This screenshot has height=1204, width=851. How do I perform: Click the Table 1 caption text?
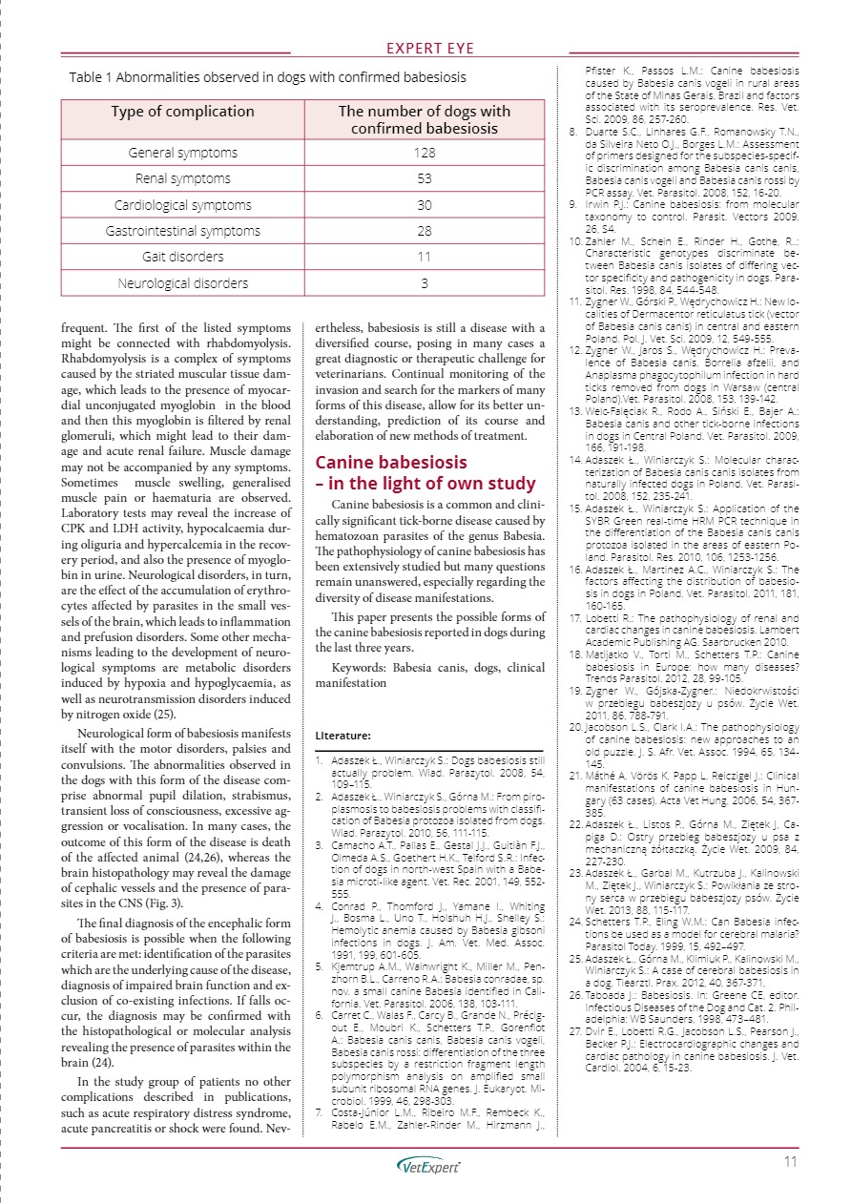267,76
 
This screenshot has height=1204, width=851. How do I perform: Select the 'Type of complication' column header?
182,112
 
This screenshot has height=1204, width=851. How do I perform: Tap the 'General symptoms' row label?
182,153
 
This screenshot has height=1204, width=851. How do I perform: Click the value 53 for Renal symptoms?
424,178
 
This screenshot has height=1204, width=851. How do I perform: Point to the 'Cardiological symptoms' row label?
182,205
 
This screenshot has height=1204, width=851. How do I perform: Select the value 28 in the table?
424,231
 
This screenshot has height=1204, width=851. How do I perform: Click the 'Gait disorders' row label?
182,257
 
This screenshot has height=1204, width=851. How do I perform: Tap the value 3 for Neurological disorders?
424,282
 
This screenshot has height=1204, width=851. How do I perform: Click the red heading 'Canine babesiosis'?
391,463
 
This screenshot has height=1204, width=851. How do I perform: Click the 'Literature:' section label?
342,736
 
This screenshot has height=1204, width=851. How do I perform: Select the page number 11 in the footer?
789,1161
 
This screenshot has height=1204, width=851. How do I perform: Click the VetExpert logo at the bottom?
428,1166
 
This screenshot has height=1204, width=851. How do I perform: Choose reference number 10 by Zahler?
574,243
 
